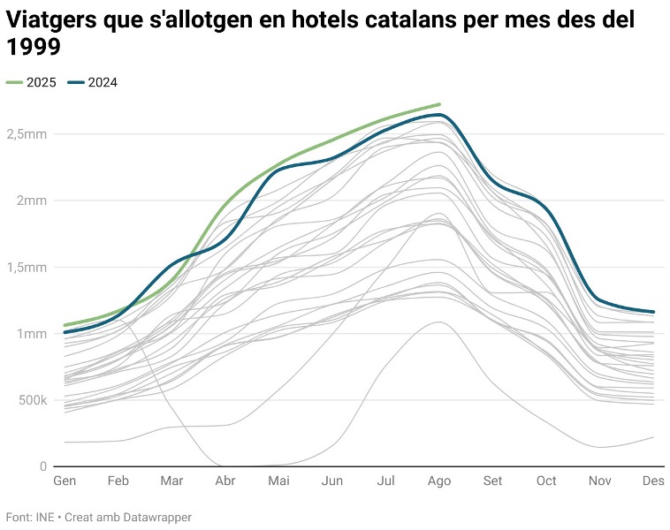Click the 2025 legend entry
(41, 83)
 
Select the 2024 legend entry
(102, 83)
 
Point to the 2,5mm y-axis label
(27, 134)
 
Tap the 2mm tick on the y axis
(34, 201)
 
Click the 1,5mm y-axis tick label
(27, 267)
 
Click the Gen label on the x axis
(65, 481)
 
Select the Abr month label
(225, 481)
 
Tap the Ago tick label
(439, 481)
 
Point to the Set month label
(492, 481)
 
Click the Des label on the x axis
(653, 481)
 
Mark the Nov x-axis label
(600, 481)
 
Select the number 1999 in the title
(34, 49)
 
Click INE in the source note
(44, 517)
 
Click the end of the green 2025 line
(439, 104)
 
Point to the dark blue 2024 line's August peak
(439, 115)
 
